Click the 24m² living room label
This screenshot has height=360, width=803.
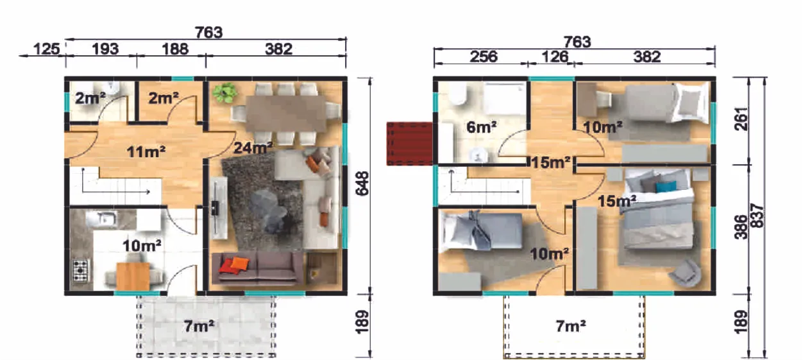[x=253, y=148]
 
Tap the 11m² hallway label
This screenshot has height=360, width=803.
[x=146, y=151]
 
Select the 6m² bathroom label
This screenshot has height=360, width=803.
[x=482, y=127]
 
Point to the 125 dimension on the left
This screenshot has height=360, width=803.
[x=47, y=49]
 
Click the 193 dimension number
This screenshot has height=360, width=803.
[x=105, y=49]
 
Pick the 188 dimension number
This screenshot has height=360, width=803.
[x=175, y=49]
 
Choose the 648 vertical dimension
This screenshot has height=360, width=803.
[x=362, y=184]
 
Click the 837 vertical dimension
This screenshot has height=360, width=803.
[x=757, y=216]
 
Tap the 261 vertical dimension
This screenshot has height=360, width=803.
[x=741, y=119]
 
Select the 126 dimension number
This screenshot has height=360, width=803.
[x=555, y=56]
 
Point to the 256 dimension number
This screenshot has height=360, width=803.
[x=484, y=56]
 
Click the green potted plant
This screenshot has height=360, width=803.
[x=224, y=92]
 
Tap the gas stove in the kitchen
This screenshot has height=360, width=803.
[x=80, y=270]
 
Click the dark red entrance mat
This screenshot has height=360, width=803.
[x=409, y=144]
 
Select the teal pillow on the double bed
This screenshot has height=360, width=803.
[x=666, y=187]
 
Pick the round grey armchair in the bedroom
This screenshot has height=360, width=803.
[x=685, y=273]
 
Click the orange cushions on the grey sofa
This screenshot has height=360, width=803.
[x=233, y=265]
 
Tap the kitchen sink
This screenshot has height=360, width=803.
[x=105, y=219]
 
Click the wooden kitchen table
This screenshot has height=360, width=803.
[x=133, y=276]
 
